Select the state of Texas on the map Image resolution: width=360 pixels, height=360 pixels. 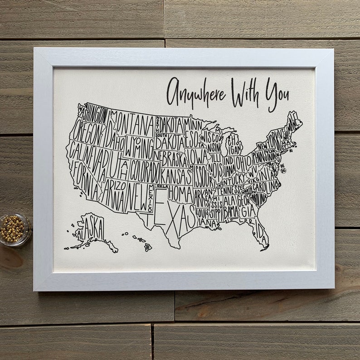(x=175, y=215)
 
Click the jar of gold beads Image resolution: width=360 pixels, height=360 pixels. (x=14, y=229)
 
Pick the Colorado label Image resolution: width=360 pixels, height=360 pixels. (x=145, y=171)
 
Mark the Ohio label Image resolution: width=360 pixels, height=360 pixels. (x=242, y=161)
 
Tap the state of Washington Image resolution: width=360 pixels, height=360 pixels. (x=93, y=114)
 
